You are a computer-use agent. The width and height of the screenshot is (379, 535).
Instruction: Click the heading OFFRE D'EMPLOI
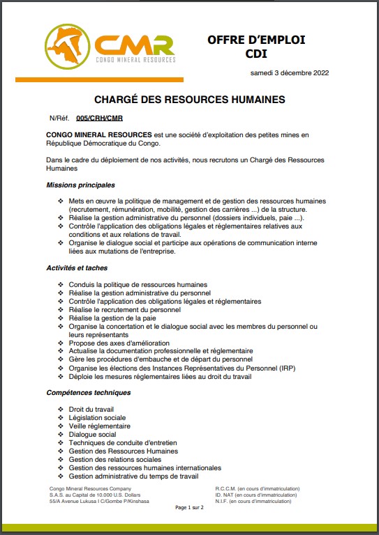(256, 40)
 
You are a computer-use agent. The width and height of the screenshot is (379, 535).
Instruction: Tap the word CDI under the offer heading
(256, 54)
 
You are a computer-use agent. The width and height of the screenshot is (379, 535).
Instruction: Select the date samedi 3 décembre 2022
(290, 73)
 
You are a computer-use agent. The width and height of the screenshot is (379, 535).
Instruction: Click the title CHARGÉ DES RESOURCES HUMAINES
(189, 100)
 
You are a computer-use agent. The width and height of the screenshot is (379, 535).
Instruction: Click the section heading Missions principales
(80, 185)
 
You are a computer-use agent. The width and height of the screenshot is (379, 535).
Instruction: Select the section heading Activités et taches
(77, 267)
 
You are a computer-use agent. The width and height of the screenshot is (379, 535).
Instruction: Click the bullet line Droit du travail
(91, 409)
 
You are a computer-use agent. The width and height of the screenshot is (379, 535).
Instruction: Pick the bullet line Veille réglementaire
(99, 426)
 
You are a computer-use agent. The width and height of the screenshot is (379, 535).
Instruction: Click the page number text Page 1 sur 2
(188, 507)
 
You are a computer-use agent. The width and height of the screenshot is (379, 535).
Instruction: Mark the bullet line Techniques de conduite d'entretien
(123, 442)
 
